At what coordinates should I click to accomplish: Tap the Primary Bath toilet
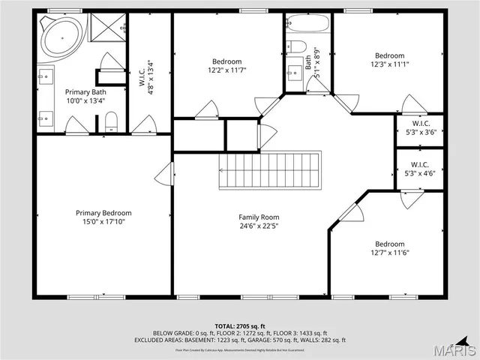tap(111, 121)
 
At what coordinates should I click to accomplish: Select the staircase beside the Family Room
tap(270, 170)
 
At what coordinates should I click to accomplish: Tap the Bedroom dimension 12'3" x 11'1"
tap(389, 64)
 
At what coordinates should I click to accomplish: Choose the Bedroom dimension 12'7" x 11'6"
tap(389, 253)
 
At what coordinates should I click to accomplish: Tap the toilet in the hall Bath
tap(295, 48)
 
